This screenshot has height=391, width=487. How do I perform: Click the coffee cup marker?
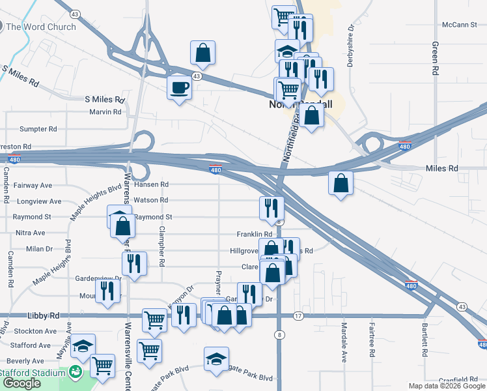point(179,87)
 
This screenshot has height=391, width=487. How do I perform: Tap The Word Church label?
point(41,27)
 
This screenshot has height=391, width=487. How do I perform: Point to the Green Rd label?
point(434,59)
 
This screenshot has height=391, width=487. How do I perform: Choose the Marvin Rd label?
point(105,112)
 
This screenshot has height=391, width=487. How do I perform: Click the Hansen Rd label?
point(152,184)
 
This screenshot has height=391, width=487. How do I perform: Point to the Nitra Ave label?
point(30,233)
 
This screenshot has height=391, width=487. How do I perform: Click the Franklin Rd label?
point(254,234)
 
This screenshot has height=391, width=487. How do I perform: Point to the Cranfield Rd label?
point(458,379)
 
